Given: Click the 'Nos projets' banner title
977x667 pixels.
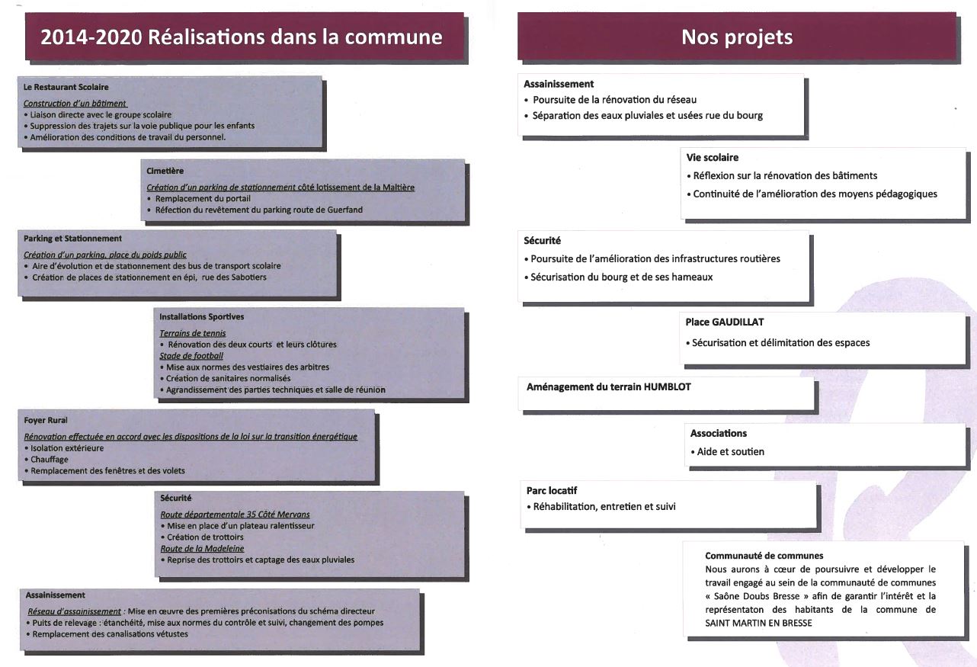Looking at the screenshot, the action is click(737, 37).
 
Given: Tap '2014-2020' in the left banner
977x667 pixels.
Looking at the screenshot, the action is click(91, 37).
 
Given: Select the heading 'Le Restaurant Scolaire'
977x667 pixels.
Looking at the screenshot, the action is click(66, 87).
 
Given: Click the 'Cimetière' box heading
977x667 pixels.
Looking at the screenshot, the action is click(165, 171).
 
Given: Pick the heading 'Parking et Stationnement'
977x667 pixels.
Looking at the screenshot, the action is click(72, 238).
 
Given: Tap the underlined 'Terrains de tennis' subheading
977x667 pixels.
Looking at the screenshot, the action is click(192, 333).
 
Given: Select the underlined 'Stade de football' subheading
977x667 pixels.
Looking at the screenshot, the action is click(191, 355).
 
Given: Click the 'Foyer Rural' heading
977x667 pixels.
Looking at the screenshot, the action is click(46, 420).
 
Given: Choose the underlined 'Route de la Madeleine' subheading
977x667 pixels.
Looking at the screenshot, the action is click(202, 548).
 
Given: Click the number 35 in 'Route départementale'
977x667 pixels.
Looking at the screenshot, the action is click(257, 515).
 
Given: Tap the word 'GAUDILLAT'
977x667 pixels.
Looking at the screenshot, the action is click(738, 322).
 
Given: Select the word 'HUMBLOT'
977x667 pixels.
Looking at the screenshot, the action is click(668, 387).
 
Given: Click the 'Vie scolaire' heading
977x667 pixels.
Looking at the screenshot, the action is click(713, 158).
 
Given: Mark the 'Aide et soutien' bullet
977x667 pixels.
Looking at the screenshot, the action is click(727, 451).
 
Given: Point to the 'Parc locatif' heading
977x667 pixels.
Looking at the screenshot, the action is click(552, 490).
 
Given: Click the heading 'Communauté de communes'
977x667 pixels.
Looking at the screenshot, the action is click(764, 556).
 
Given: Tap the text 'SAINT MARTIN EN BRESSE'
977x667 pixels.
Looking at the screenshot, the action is click(758, 623).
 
